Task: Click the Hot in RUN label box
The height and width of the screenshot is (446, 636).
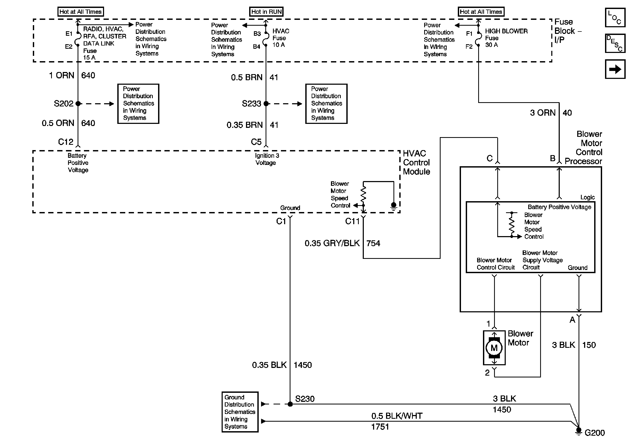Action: click(x=266, y=12)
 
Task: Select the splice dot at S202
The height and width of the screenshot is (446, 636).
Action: click(x=78, y=103)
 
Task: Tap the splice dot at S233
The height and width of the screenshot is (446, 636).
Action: click(x=266, y=103)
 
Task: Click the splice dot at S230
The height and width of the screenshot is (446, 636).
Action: click(x=290, y=404)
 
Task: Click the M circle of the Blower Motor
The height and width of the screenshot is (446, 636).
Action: click(x=494, y=348)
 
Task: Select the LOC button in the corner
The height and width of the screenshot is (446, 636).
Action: click(x=615, y=17)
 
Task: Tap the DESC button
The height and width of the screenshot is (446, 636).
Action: click(x=615, y=43)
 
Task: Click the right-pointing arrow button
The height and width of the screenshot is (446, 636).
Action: click(x=615, y=69)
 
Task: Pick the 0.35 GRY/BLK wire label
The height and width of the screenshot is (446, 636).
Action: click(x=332, y=243)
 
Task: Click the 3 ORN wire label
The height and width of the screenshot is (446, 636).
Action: click(x=543, y=113)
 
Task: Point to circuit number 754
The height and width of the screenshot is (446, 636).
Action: click(x=373, y=243)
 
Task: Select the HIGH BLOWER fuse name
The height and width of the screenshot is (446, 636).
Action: click(x=506, y=31)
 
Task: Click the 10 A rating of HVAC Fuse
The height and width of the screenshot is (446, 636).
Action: click(x=278, y=45)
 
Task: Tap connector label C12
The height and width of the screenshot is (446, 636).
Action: click(x=66, y=142)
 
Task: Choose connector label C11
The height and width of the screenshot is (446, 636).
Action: click(x=352, y=221)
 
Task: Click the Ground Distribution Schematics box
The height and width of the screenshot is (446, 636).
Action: click(x=240, y=412)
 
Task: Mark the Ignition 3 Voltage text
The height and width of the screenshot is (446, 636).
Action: click(x=267, y=159)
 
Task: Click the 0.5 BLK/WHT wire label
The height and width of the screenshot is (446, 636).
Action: click(x=397, y=416)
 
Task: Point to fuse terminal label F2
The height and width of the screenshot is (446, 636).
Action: click(x=469, y=47)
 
